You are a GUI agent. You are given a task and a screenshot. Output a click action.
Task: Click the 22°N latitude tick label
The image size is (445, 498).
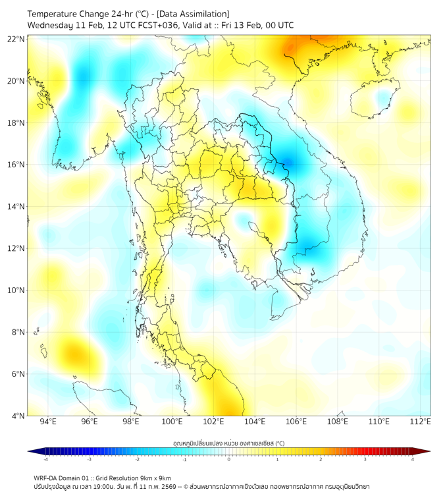click(x=16, y=40)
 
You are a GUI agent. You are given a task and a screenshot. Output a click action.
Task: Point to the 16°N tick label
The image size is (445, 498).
click(x=16, y=165)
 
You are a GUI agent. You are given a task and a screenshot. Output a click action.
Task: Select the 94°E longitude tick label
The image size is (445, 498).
click(x=47, y=422)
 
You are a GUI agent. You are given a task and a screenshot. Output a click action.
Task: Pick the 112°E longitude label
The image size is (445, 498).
click(x=421, y=422)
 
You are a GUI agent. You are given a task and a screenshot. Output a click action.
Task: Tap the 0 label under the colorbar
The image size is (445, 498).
click(x=229, y=459)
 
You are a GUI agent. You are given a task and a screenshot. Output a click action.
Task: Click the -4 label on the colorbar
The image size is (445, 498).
click(x=45, y=459)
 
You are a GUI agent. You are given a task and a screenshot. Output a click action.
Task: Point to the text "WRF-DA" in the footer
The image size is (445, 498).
click(x=47, y=478)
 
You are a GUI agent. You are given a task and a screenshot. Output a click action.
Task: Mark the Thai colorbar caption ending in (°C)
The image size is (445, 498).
click(x=228, y=443)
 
